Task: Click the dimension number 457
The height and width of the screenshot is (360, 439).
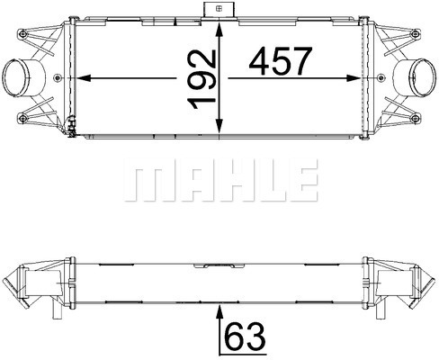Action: pos(279,61)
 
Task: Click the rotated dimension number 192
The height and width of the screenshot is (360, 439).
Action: pos(202,79)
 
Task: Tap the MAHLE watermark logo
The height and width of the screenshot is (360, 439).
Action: pos(221,180)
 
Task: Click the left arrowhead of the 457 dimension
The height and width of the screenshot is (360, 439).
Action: pos(84,78)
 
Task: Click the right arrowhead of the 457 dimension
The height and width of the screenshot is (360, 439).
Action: pos(353,78)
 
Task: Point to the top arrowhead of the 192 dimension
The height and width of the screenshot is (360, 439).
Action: pos(219,30)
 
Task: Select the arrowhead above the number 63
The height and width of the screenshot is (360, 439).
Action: pos(219,313)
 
